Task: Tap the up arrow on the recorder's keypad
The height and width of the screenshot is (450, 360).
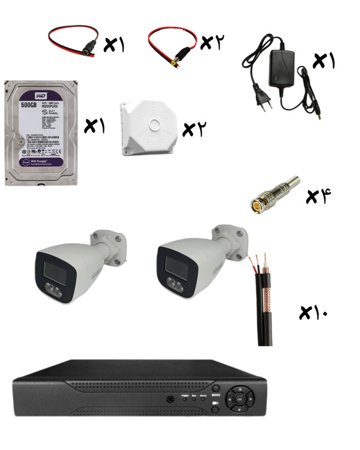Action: click(240, 390)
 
